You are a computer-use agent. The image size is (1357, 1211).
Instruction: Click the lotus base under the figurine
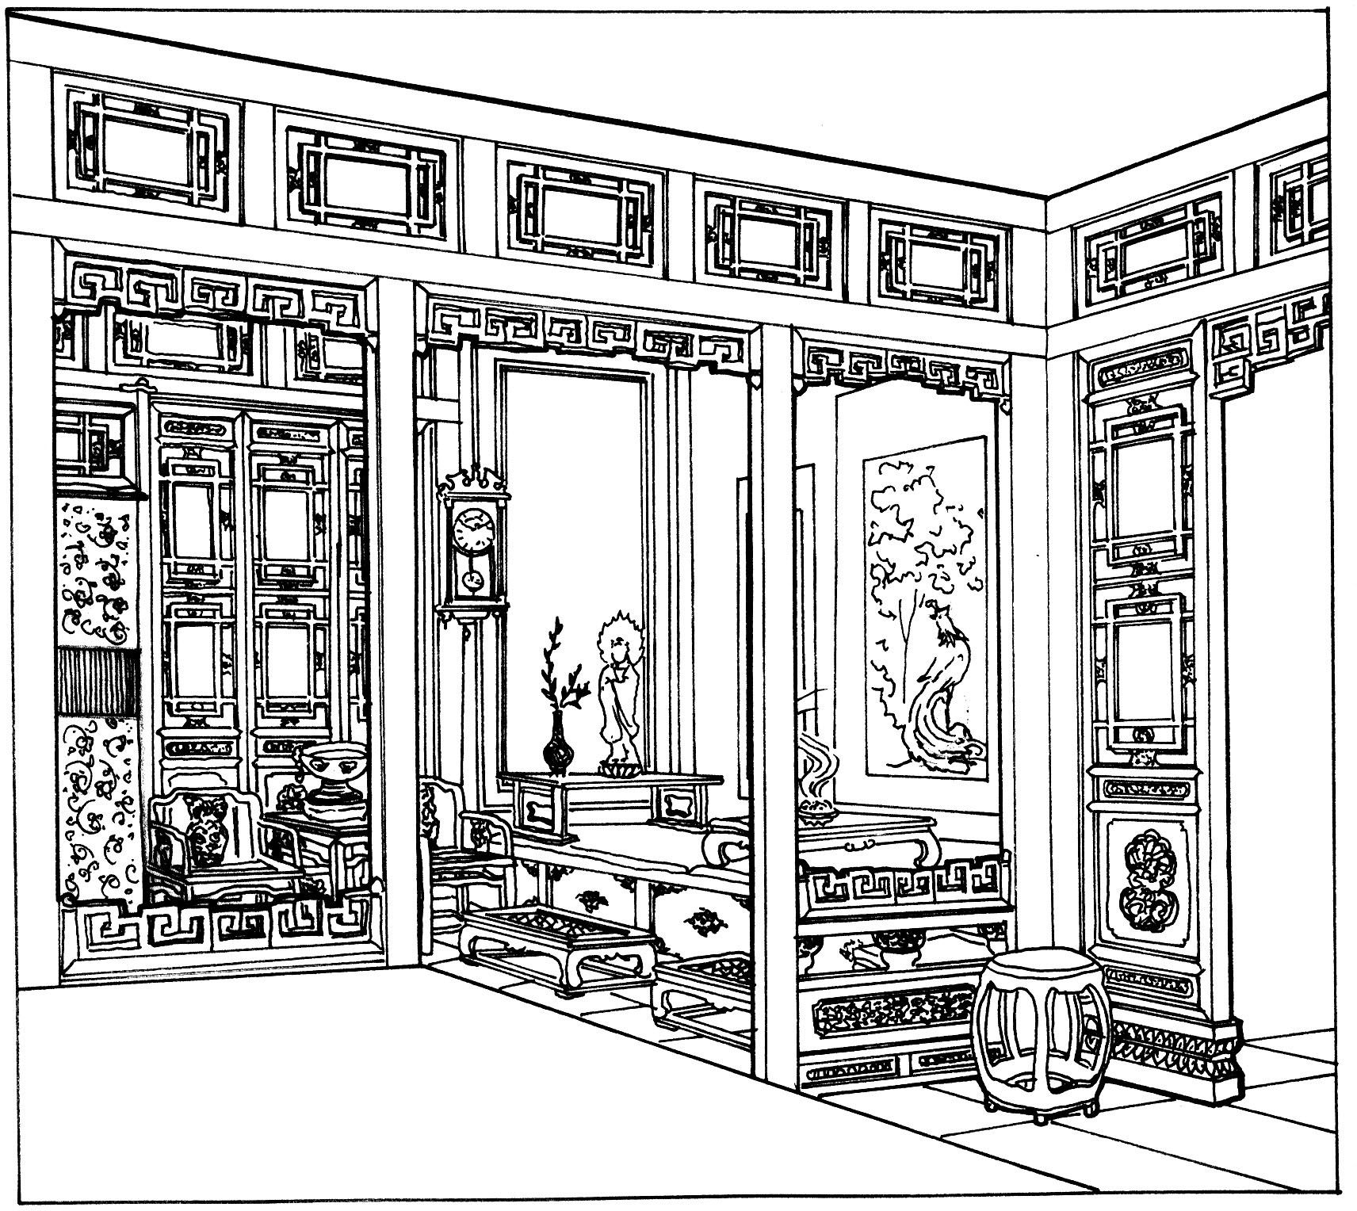pyautogui.click(x=616, y=766)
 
